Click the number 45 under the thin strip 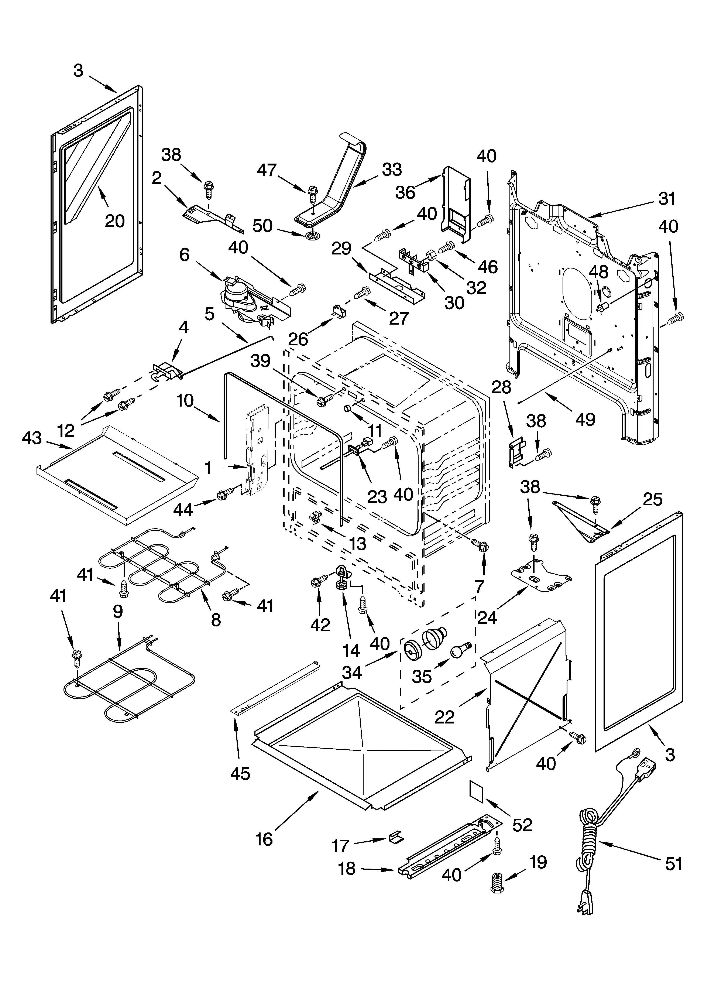(x=240, y=773)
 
